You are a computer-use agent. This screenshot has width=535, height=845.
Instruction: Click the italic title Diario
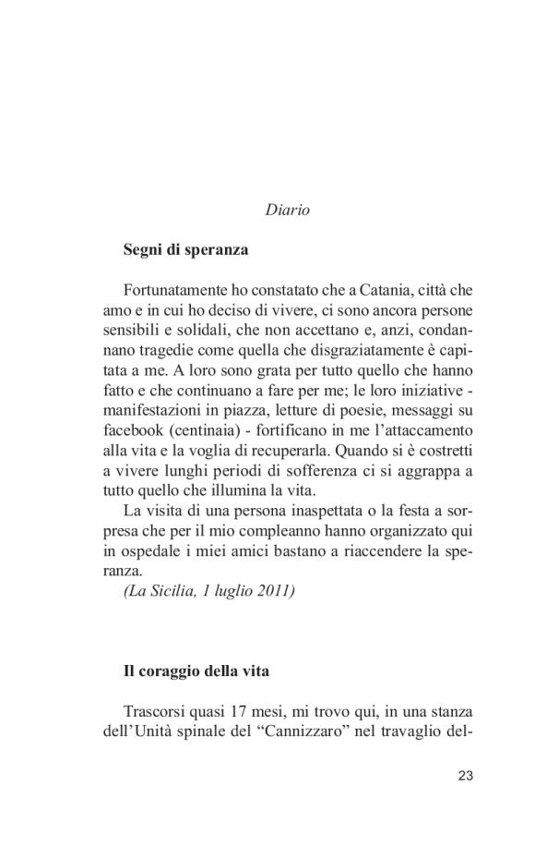click(x=286, y=210)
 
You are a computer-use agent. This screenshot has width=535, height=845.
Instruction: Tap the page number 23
click(x=465, y=776)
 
